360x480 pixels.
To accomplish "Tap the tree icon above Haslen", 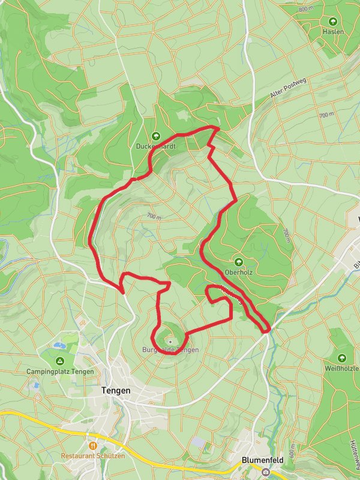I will tap(332, 20).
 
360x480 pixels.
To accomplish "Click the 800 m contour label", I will tap(306, 9).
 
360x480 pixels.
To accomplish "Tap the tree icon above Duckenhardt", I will tap(157, 136).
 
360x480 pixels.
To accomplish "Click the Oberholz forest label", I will tap(238, 272).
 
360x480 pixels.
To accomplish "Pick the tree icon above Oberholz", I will tap(239, 262).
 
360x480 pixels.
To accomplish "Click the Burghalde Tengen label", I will tap(170, 350).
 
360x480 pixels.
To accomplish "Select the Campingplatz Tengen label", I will tap(60, 371).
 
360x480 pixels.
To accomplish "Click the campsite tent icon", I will tap(60, 361).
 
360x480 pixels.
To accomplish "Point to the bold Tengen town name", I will tap(113, 389).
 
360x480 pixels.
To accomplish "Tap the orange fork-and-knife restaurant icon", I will tap(92, 446).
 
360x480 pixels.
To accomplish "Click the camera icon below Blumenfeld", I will tap(265, 472).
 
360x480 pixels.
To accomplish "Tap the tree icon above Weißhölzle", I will tap(342, 358).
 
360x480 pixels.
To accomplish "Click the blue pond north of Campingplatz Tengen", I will tap(58, 346).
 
